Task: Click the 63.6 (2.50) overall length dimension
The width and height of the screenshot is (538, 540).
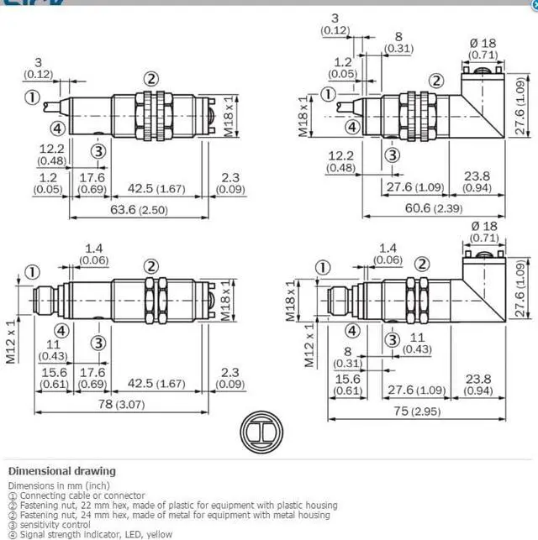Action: click(139, 209)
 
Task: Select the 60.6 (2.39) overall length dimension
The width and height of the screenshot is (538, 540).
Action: click(434, 208)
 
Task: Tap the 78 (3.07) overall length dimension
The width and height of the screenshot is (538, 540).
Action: click(121, 404)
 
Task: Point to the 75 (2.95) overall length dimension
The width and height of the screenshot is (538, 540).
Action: click(417, 411)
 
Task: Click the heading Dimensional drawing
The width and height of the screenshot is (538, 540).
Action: click(62, 471)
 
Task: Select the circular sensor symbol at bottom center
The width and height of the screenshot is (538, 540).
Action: click(261, 432)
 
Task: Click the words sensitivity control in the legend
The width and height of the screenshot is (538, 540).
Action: click(55, 525)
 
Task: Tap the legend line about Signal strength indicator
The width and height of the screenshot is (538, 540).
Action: click(96, 534)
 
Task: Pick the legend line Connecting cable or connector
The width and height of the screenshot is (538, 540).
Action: click(82, 495)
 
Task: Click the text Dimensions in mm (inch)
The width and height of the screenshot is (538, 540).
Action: click(59, 485)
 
